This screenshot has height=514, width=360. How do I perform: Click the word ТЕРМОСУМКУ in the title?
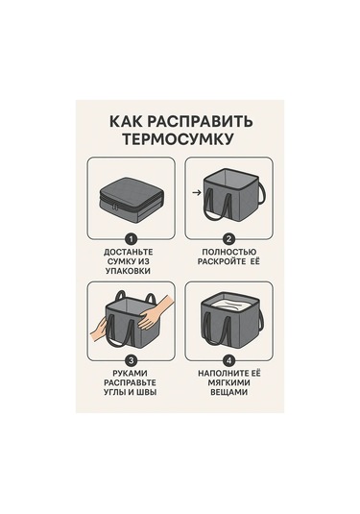pos(179,138)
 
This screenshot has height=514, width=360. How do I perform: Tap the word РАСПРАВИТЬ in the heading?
pos(200,121)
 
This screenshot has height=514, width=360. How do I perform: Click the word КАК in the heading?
pos(126,121)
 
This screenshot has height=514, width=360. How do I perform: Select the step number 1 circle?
pos(131,239)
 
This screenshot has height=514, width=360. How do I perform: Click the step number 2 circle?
pos(228,239)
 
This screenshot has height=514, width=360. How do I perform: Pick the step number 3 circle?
pos(131,361)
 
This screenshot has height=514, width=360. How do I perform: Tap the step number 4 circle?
pos(228,361)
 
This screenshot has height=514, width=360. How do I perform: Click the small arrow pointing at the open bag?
pos(197,193)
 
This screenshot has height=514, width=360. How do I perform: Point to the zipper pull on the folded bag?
pos(114,208)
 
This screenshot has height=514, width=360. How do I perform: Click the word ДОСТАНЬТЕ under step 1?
pos(129,252)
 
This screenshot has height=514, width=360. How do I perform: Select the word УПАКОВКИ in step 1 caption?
pos(129,271)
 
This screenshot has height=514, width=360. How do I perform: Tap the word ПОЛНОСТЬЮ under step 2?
pos(228,252)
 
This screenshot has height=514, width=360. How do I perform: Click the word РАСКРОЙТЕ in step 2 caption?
pos(222,261)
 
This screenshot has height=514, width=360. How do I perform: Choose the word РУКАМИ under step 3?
pos(130,374)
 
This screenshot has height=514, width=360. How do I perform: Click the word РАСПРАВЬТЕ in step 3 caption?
pos(130,383)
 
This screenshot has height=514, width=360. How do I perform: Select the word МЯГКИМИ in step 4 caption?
pos(228,383)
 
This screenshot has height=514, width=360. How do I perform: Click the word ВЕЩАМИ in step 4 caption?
pos(228,392)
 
